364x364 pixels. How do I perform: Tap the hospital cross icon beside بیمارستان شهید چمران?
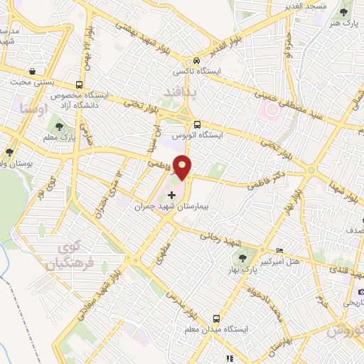(x=171, y=194)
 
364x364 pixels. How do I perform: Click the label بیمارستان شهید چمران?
(x=174, y=205)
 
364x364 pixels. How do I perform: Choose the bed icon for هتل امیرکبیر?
(x=279, y=252)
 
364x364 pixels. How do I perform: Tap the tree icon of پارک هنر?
(x=346, y=11)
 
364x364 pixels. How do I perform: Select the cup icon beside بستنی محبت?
(x=33, y=72)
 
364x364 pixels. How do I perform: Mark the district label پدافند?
(x=178, y=93)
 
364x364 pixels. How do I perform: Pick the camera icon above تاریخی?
(x=361, y=291)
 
